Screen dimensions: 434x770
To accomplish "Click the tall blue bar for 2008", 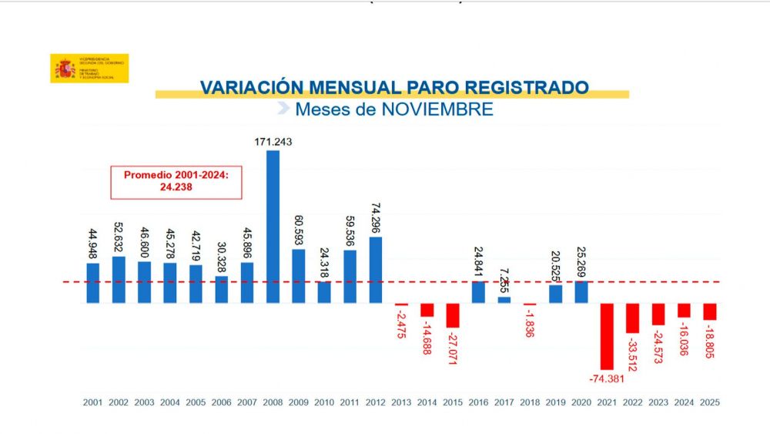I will (x=273, y=227).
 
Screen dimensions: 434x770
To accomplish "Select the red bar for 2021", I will (x=607, y=336).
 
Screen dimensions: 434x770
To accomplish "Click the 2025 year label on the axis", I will (x=710, y=402).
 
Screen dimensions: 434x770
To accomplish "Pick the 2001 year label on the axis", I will (x=93, y=402).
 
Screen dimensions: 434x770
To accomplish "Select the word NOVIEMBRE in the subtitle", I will (x=437, y=109).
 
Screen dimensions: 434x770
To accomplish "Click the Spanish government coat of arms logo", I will (x=64, y=69).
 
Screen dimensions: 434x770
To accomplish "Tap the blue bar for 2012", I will (x=376, y=270).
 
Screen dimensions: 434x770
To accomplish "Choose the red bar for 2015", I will (x=453, y=315).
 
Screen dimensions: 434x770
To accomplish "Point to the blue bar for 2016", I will (x=478, y=292).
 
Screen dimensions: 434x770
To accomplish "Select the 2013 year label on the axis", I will (x=401, y=402).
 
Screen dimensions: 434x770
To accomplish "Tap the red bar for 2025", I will (x=710, y=311).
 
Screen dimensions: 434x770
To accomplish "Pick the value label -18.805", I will (x=710, y=340).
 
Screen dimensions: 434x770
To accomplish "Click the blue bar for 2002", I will (x=119, y=280).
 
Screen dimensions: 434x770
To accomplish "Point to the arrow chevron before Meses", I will (x=283, y=109).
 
